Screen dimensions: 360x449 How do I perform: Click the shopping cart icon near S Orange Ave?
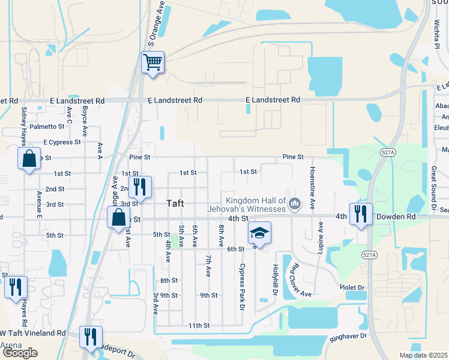coord(152,62)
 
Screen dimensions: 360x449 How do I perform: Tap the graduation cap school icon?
coord(259,233)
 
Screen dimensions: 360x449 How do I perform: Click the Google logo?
coord(20,353)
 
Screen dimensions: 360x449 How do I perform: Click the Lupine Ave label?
coord(321,235)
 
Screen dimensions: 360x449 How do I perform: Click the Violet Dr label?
coord(352,287)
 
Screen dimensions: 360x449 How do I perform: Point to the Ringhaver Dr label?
coord(348,337)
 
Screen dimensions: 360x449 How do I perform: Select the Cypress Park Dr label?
coord(243,286)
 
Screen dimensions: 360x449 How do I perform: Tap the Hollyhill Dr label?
coord(276,280)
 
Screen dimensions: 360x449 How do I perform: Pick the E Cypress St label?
coord(62,142)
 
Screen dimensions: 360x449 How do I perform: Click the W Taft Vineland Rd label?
coord(33,333)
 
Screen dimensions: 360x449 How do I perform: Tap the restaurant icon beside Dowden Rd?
coord(360,214)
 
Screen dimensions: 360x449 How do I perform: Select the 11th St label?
coord(198,326)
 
